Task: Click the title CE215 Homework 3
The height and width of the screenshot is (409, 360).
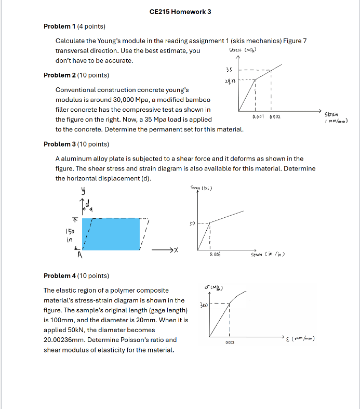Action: click(x=180, y=11)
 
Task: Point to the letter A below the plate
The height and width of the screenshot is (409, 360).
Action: click(x=80, y=255)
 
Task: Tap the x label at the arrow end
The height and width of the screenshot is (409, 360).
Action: click(x=177, y=250)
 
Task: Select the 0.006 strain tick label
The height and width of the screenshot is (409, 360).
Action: click(x=215, y=255)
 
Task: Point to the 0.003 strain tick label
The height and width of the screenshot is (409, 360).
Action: click(x=230, y=343)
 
